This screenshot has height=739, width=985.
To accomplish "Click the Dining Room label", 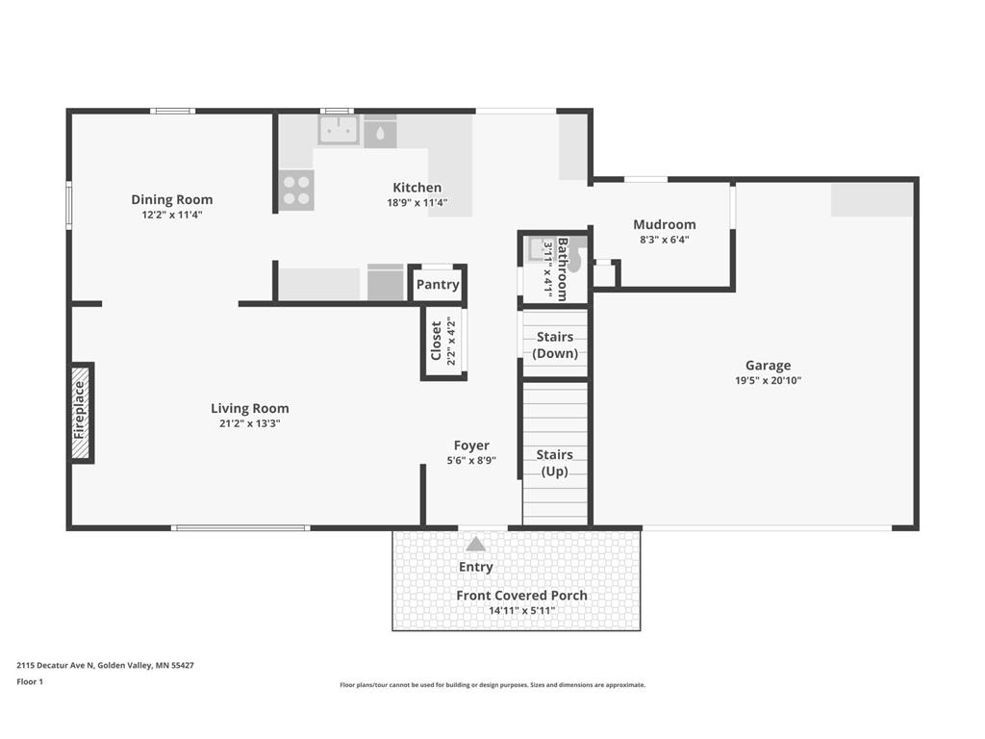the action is click(x=171, y=200).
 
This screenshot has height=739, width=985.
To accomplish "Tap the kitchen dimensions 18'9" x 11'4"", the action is click(x=417, y=203).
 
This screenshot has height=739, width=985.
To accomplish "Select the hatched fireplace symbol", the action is click(x=81, y=413).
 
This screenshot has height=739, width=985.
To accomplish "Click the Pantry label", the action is click(x=438, y=285).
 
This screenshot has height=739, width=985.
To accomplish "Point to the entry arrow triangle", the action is click(x=475, y=545).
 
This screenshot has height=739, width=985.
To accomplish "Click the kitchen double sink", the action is click(x=338, y=130).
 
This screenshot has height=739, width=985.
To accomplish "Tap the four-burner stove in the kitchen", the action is click(x=296, y=191).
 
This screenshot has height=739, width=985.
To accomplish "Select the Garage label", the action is click(x=768, y=366).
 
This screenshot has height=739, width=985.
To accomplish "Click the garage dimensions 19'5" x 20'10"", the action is click(x=768, y=380).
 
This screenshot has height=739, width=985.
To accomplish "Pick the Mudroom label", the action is click(x=664, y=224).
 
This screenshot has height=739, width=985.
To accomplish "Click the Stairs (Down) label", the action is click(x=555, y=345).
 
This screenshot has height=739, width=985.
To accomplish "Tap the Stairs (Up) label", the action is click(x=555, y=463).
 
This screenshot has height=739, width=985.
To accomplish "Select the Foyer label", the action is click(x=471, y=446).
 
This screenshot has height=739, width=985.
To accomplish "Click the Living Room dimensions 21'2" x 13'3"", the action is click(x=249, y=423).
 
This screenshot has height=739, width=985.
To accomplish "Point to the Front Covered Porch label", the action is click(x=521, y=595).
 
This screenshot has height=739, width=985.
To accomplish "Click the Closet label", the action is click(x=436, y=342).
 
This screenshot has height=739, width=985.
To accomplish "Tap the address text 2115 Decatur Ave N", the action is click(x=55, y=665).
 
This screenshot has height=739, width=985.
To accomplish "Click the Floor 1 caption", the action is click(x=30, y=682).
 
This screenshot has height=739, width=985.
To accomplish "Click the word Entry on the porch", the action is click(x=475, y=568).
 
